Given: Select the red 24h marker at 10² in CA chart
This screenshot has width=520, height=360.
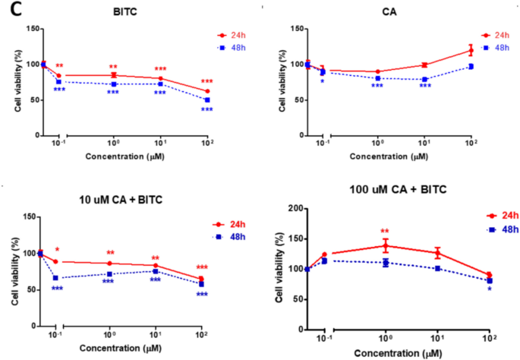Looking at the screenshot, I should pyautogui.click(x=471, y=50).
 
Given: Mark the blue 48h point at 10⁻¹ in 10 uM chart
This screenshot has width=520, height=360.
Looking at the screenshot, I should pyautogui.click(x=55, y=278).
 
